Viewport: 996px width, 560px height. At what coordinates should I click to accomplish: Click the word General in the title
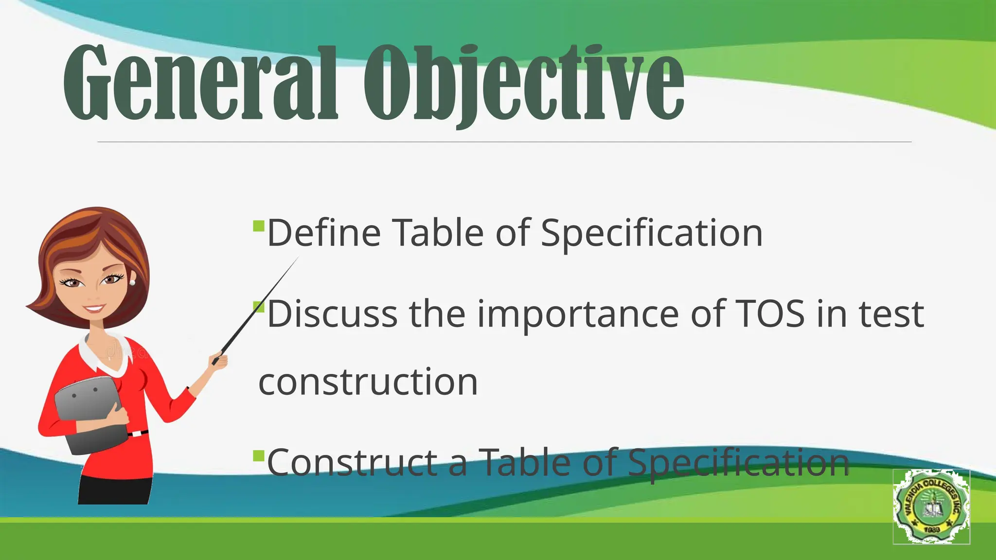pyautogui.click(x=199, y=83)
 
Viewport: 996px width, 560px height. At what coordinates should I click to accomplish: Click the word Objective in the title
pyautogui.click(x=523, y=83)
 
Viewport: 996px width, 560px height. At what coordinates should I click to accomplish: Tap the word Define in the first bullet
pyautogui.click(x=323, y=233)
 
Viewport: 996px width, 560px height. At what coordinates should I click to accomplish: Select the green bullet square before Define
pyautogui.click(x=259, y=226)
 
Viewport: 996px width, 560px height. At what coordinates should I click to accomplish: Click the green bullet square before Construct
pyautogui.click(x=259, y=456)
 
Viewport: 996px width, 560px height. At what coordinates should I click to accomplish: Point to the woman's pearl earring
pyautogui.click(x=132, y=282)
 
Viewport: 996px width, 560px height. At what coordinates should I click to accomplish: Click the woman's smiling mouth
pyautogui.click(x=94, y=309)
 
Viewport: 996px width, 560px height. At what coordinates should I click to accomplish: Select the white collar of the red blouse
pyautogui.click(x=105, y=357)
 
